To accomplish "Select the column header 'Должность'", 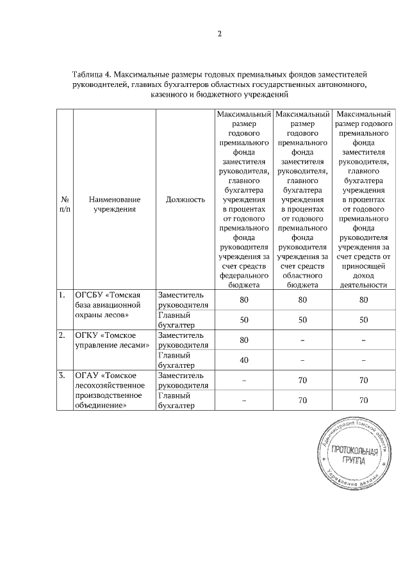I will pos(185,200).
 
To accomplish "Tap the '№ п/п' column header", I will pos(65,204).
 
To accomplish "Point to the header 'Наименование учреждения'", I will pos(115,204).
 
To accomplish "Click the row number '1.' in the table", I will pos(62,296).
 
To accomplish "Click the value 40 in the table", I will pos(243,360).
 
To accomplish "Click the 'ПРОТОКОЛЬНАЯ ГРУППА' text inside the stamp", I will pos(354,456).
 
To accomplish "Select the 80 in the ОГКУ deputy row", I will pos(243,340).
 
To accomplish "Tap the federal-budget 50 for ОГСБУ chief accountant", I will pos(243,319).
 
